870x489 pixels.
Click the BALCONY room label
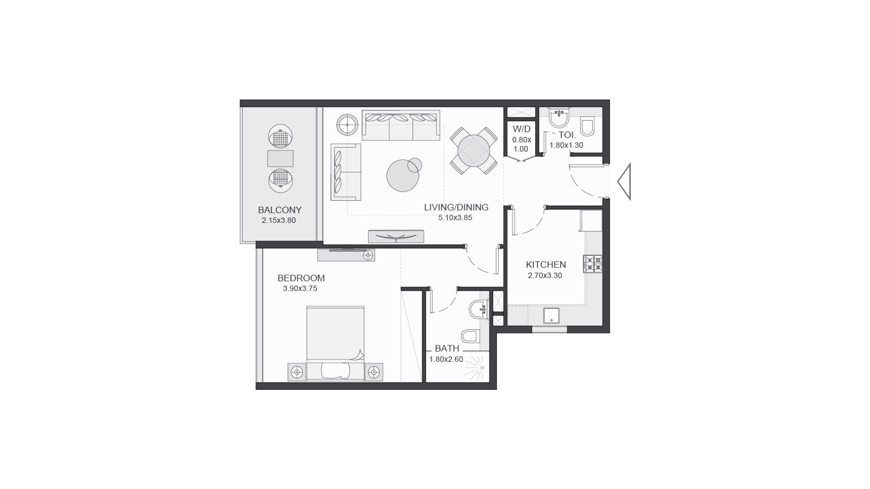280,210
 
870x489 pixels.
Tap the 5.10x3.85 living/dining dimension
455,218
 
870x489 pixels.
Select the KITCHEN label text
546,265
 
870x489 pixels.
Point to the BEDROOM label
301,278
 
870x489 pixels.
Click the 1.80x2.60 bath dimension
446,360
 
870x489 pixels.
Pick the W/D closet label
522,129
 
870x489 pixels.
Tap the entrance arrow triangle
624,182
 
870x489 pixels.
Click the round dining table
473,151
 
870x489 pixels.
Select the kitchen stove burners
593,264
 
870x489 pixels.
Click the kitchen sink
551,316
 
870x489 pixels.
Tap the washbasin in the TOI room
559,118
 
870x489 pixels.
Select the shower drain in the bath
483,368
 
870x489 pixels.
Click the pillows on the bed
335,371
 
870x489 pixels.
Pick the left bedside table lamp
297,373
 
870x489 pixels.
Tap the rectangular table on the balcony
280,158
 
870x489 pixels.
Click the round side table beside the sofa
348,125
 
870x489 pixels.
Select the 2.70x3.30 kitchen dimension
545,276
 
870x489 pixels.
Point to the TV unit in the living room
396,236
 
